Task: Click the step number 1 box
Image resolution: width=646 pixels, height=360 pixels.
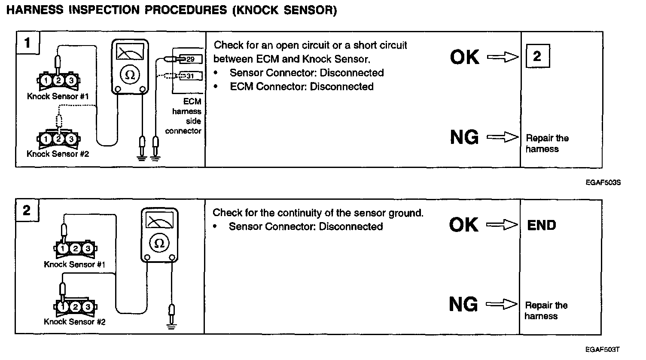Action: pos(27,43)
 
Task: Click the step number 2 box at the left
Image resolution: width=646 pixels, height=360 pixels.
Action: pos(27,211)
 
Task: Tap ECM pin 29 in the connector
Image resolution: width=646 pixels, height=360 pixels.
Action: pos(190,59)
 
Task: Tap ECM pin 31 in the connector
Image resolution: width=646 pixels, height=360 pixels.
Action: pos(190,76)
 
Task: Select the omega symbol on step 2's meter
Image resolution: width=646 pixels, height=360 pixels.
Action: pos(159,244)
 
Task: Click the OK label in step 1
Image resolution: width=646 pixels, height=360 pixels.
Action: pos(464,57)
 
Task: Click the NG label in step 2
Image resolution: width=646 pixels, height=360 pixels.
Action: pos(463,305)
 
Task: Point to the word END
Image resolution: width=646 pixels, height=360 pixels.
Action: pos(542,225)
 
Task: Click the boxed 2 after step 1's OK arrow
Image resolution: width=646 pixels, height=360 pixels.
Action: pos(537,56)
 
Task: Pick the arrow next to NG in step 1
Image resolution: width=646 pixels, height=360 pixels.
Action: pos(503,137)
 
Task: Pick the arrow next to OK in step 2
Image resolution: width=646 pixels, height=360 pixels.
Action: pos(502,225)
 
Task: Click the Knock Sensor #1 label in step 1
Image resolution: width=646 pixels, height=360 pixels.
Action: pos(58,96)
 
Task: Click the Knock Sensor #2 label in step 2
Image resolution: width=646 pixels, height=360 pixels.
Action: pos(75,321)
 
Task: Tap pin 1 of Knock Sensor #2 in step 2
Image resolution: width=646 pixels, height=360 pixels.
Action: pos(63,307)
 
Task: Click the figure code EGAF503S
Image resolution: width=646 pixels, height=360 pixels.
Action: pos(603,183)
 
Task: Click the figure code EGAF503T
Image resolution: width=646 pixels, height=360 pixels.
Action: pos(602,350)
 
